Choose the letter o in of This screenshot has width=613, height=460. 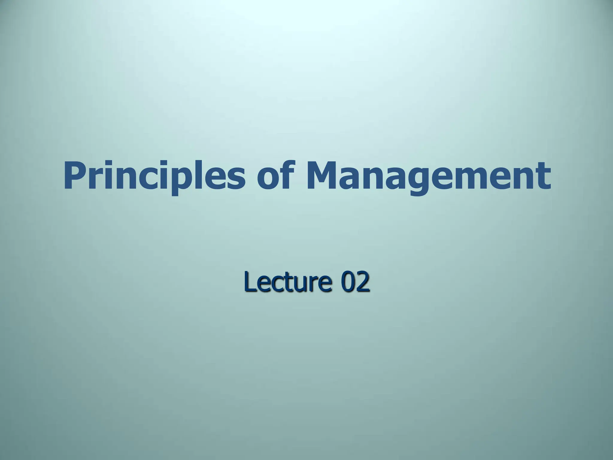pos(268,179)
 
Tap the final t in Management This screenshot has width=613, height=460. pos(543,177)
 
